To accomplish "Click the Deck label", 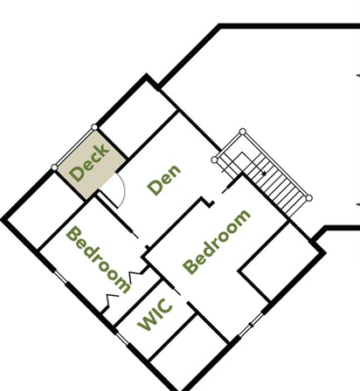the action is pos(89,162).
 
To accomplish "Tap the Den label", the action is pos(164,180).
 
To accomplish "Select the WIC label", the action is pos(155,314).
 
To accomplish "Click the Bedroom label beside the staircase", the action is pos(217,242).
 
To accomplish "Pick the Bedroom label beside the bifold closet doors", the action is pos(98,260).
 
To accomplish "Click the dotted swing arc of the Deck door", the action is pos(123,189).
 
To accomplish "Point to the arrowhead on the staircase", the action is pos(264,174).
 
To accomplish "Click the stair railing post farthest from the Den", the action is pos(309,198).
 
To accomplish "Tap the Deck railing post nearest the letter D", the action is pos(54,168).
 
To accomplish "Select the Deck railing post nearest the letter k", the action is pos(94,127).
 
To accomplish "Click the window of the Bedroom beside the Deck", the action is pos(60,277).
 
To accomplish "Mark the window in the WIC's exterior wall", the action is pos(121,339).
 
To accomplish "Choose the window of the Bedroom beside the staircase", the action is pos(251,325).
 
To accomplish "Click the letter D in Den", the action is pos(155,188).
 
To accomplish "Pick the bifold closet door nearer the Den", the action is pos(136,276).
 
